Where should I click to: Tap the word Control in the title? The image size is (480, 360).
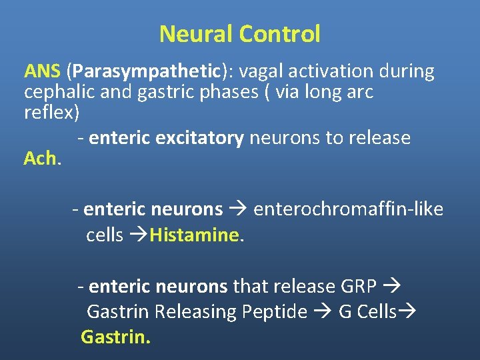point(281,34)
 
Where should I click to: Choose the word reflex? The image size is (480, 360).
point(49,113)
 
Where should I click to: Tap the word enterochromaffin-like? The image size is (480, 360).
point(349,209)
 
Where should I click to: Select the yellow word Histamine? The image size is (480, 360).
point(194,235)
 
